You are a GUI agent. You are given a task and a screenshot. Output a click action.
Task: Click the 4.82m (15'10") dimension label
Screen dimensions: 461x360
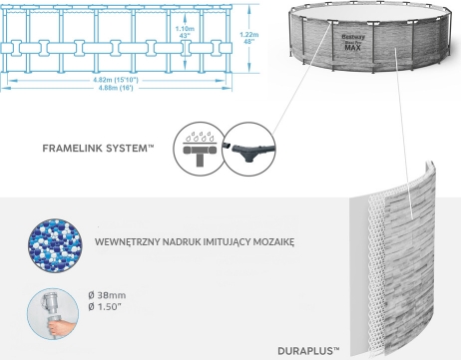116,80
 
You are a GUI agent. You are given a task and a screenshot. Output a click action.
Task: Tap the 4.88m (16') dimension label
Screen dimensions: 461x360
116,88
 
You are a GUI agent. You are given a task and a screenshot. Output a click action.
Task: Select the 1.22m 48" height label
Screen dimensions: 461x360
249,38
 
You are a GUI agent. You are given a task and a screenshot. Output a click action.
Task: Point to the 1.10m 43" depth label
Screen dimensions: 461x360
185,32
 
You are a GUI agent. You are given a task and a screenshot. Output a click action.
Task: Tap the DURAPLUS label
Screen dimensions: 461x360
308,351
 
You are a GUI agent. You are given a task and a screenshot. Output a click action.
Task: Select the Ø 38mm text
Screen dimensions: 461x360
107,295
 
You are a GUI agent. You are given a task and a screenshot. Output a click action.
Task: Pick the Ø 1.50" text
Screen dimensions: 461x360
104,306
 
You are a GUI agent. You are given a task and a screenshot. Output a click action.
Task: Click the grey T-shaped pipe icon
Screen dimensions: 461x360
200,154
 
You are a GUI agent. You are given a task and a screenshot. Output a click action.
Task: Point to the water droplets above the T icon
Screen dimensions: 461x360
200,137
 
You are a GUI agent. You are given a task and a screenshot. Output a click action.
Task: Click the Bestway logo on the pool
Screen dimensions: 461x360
353,37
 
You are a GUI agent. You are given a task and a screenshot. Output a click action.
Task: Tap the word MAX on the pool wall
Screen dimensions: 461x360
352,48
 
